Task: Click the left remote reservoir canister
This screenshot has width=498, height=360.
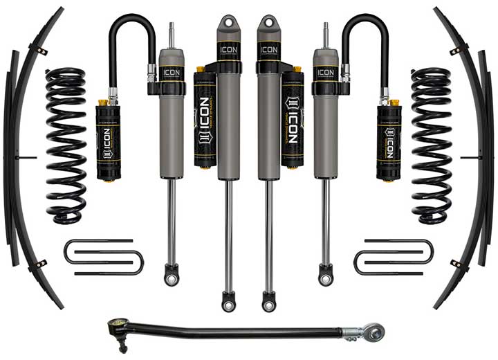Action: click(x=110, y=142)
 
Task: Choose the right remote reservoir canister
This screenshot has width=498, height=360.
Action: click(x=389, y=142)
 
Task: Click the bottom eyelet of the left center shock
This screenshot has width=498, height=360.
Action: click(x=228, y=302)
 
